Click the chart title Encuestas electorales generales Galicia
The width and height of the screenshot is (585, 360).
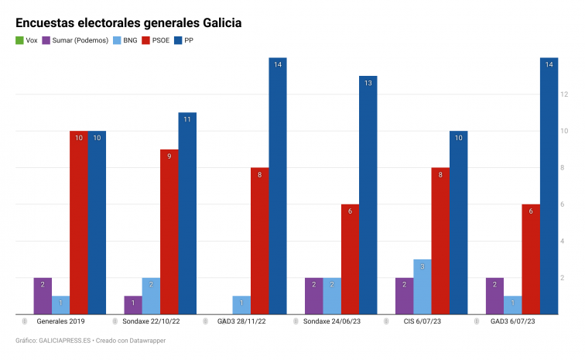(128, 23)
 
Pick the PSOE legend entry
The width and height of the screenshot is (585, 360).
(159, 40)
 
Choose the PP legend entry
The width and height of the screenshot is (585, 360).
(190, 40)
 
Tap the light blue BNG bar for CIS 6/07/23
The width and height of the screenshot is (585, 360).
(422, 286)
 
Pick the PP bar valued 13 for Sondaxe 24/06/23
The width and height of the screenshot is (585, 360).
(368, 195)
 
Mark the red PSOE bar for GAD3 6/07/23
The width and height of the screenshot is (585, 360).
(531, 259)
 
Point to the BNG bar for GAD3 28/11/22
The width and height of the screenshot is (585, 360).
(241, 305)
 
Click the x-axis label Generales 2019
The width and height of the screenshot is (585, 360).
(60, 321)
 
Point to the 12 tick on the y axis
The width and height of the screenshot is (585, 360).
(564, 94)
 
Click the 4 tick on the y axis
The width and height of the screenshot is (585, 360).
(564, 241)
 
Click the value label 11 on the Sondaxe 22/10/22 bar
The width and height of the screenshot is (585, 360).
(187, 119)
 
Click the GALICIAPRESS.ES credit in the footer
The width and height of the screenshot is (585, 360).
(67, 341)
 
